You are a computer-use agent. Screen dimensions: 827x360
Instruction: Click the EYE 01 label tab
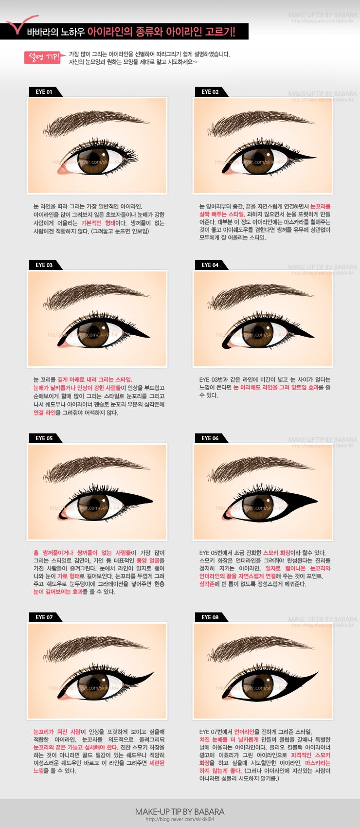click(45, 92)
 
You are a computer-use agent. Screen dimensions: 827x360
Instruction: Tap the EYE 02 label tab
click(210, 92)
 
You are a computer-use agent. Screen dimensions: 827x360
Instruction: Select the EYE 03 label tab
click(45, 265)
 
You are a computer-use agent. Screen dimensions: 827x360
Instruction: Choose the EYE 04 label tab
click(210, 265)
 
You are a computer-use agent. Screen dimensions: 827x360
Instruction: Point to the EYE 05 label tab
click(45, 438)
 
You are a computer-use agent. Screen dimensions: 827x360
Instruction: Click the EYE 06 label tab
click(210, 438)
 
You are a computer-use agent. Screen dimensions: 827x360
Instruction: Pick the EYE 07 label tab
click(45, 617)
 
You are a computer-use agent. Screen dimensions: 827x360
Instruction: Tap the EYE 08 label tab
click(210, 617)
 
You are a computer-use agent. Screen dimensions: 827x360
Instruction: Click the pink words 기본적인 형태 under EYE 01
click(98, 223)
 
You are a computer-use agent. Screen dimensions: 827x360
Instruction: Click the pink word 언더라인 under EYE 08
click(244, 732)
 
